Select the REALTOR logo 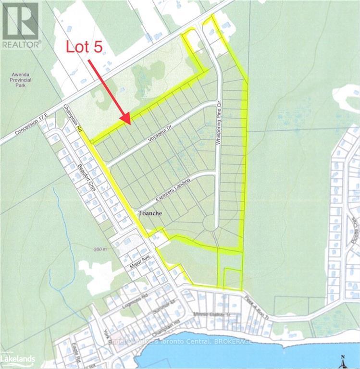20,24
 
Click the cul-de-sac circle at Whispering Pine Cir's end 211,224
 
